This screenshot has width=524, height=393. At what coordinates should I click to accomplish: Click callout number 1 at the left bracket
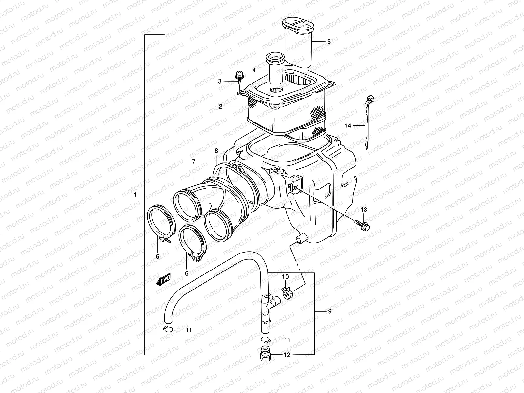pos(135,195)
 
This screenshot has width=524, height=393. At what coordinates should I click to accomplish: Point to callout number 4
pos(254,70)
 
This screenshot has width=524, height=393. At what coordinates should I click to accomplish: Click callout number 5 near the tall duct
pos(328,42)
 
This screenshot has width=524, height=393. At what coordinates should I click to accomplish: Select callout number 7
pos(193,162)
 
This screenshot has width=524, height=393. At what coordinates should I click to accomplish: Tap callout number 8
pos(216,151)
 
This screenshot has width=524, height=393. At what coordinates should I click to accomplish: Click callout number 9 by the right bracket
pos(329,311)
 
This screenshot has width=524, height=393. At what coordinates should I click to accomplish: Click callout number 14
pos(348,125)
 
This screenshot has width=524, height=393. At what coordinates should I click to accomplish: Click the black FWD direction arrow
pos(164,280)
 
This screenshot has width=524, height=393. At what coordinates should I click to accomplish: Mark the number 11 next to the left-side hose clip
pos(189,330)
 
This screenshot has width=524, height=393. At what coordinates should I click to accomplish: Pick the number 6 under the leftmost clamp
pos(157,256)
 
